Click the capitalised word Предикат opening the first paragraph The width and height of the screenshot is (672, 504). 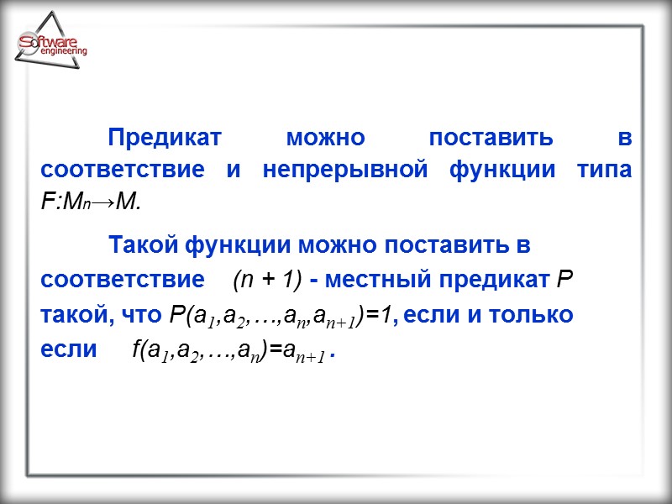164,138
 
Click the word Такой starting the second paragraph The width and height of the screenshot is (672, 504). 142,247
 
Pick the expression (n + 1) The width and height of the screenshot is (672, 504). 269,280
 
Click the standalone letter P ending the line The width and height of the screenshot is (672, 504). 565,280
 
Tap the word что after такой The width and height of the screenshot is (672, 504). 141,315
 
